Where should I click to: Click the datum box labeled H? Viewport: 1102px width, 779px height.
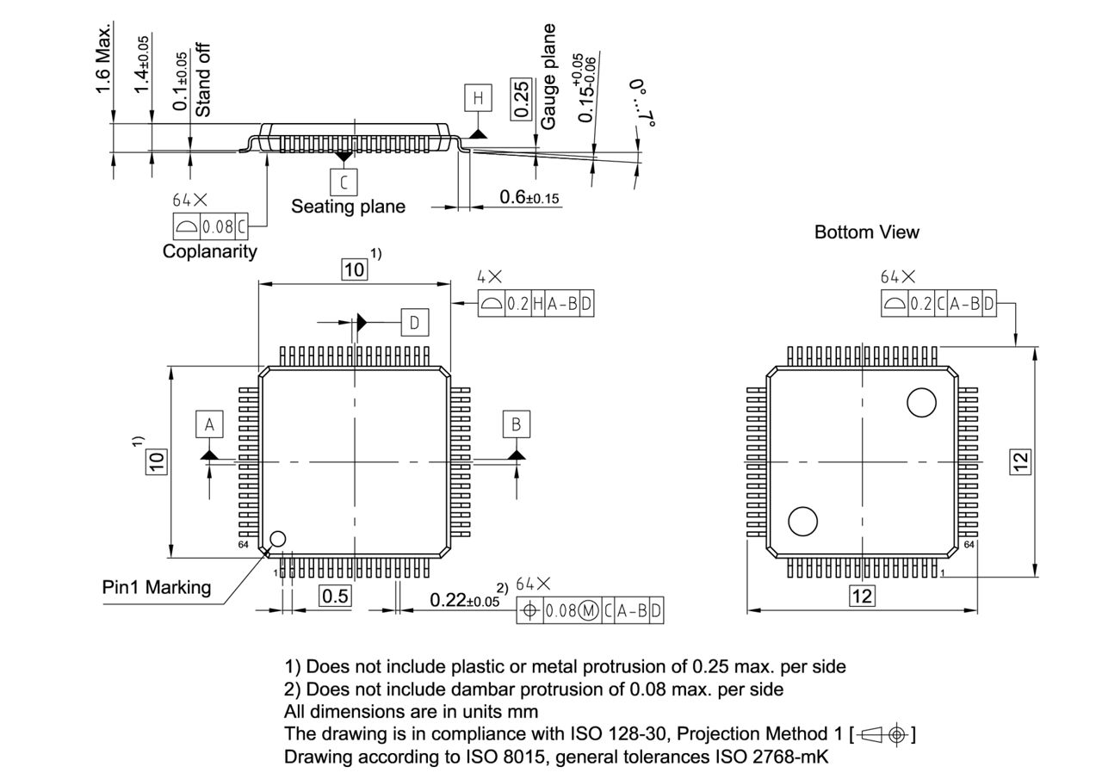pyautogui.click(x=478, y=97)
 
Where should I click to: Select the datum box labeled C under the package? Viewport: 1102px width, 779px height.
pyautogui.click(x=344, y=182)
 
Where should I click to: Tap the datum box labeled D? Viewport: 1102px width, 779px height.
pyautogui.click(x=414, y=322)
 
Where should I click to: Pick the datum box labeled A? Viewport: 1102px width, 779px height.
pyautogui.click(x=208, y=424)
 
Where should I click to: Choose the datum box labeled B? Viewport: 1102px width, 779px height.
pyautogui.click(x=516, y=424)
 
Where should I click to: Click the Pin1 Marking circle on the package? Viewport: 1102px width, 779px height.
pyautogui.click(x=277, y=539)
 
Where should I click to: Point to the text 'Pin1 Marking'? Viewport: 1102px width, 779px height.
pyautogui.click(x=157, y=587)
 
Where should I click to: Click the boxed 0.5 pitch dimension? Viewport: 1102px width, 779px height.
pyautogui.click(x=335, y=596)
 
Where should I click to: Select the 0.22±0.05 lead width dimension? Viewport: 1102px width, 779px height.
pyautogui.click(x=464, y=600)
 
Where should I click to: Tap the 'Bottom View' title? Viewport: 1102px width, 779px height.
pyautogui.click(x=866, y=232)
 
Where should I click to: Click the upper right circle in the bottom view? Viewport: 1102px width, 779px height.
pyautogui.click(x=921, y=402)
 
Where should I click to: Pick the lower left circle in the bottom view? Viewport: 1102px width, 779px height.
pyautogui.click(x=802, y=521)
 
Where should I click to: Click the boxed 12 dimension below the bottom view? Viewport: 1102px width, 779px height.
pyautogui.click(x=862, y=596)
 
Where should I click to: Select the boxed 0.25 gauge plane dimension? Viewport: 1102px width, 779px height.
pyautogui.click(x=521, y=101)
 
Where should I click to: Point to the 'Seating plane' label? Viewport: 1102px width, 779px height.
pyautogui.click(x=348, y=207)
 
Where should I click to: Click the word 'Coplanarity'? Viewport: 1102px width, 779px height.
pyautogui.click(x=210, y=251)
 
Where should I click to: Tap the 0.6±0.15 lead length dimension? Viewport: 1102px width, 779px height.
pyautogui.click(x=529, y=198)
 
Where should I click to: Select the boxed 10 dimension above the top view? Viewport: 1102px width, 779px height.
pyautogui.click(x=354, y=269)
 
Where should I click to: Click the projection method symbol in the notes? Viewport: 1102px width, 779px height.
pyautogui.click(x=882, y=734)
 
